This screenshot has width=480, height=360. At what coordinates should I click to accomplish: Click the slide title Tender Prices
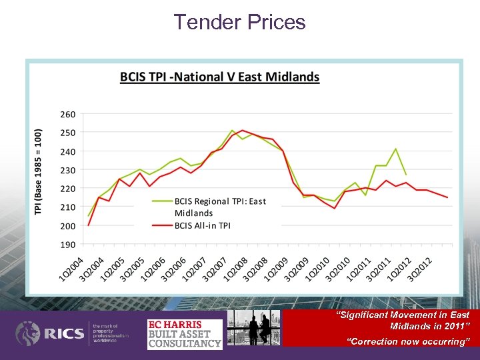[239, 22]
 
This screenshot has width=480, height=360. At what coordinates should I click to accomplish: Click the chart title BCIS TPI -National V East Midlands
[219, 77]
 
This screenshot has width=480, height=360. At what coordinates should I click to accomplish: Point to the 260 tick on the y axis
[67, 115]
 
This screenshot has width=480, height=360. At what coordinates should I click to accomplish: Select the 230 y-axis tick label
[67, 171]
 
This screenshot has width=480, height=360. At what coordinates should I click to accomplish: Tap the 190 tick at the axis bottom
[67, 245]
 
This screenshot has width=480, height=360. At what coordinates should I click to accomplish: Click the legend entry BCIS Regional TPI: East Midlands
[220, 207]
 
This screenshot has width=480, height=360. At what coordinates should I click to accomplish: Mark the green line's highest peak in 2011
[396, 149]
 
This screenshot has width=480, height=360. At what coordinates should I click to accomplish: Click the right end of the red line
[447, 197]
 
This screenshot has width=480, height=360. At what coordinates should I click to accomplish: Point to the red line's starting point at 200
[89, 225]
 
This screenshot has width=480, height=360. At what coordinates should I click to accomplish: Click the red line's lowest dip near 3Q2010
[335, 209]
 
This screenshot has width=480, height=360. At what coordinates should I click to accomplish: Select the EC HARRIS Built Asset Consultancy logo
[184, 334]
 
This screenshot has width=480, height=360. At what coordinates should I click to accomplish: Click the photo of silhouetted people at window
[253, 327]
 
